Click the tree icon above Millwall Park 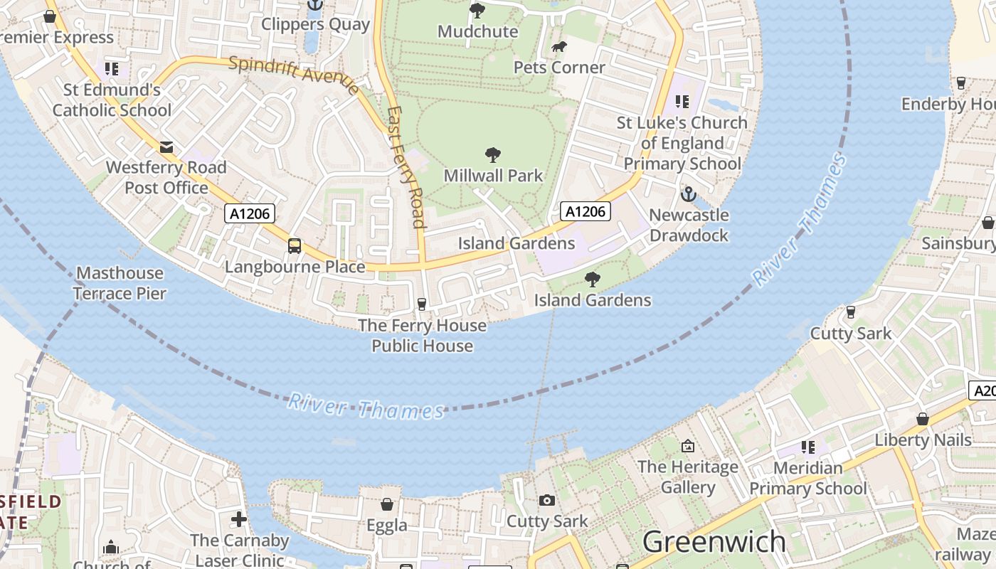492,154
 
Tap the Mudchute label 477,31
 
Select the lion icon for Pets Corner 559,47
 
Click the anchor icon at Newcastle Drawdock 689,193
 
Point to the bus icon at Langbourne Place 295,246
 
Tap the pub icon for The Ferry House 422,304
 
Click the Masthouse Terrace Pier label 120,283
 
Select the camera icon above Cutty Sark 546,500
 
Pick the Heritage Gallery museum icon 688,446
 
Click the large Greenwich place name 714,542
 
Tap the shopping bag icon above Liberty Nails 923,419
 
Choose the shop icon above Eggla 387,504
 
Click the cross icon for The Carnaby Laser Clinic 239,519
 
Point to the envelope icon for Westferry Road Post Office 166,147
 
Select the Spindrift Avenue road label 294,74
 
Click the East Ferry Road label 407,167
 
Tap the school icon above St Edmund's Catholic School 112,69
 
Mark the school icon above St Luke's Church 682,102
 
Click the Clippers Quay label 315,24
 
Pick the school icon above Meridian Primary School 807,447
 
